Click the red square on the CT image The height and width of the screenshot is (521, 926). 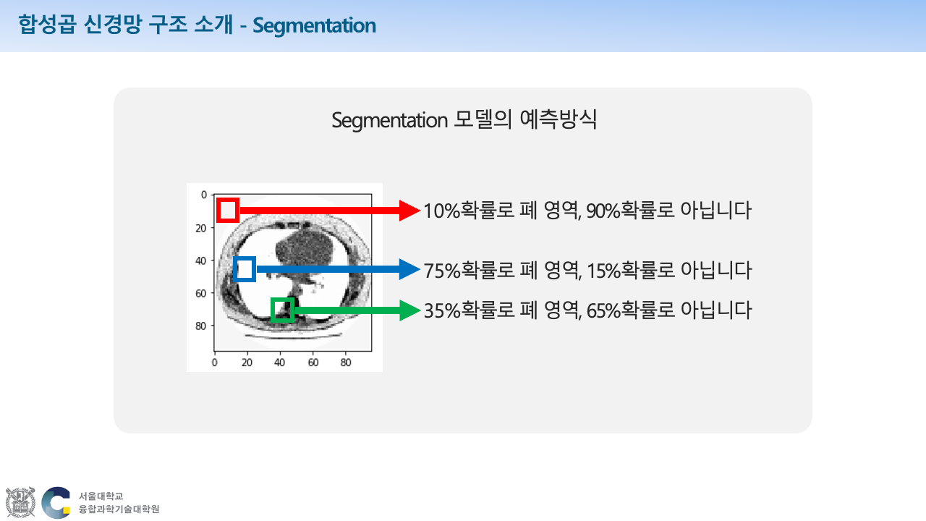[228, 210]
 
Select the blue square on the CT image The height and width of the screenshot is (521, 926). [245, 269]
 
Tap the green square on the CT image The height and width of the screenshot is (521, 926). [282, 310]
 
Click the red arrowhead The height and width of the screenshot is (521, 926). [410, 211]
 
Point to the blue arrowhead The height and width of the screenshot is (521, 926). [410, 270]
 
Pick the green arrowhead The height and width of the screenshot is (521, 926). [410, 310]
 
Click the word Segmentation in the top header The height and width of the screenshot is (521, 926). [315, 26]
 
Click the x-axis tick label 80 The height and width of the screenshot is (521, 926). [346, 362]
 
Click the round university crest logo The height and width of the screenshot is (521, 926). [20, 502]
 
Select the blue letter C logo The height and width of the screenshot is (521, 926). [56, 502]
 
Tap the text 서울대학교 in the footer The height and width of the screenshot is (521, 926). [101, 496]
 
